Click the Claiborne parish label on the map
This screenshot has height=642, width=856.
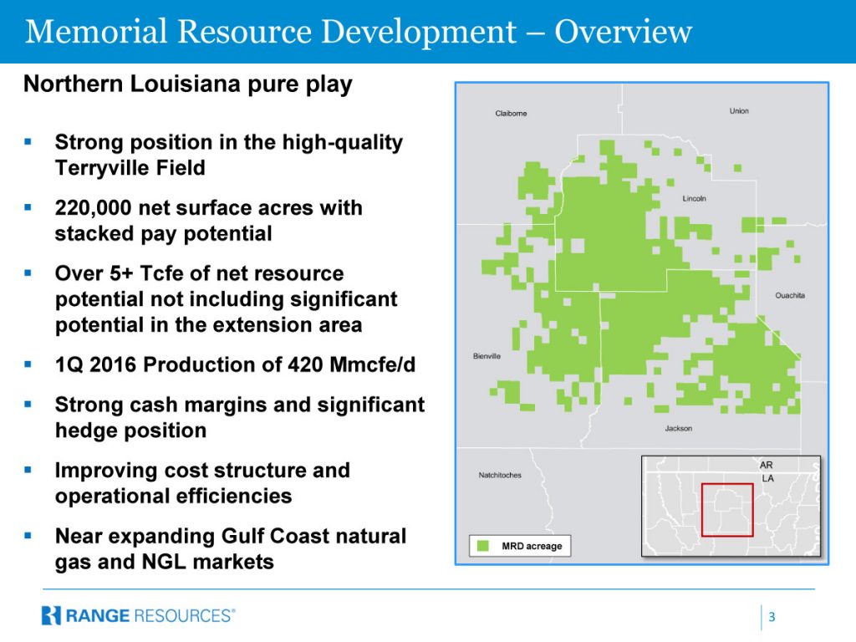pos(511,114)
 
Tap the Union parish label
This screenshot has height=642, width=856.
pos(739,111)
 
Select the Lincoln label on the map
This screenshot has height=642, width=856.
pos(694,199)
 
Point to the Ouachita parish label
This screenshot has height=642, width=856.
pos(790,295)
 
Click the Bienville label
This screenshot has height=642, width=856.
pos(487,356)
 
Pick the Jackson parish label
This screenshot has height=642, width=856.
pos(679,429)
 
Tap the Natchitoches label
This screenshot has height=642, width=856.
pos(500,476)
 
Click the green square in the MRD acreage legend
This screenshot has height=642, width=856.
pos(483,546)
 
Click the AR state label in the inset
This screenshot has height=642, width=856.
pos(766,465)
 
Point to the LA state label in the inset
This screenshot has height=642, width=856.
pos(767,478)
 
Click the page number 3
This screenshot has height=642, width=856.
pos(772,617)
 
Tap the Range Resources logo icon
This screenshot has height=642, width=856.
pos(51,615)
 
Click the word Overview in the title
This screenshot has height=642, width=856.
pos(624,31)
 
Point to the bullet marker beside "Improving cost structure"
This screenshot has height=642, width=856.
pos(28,470)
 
